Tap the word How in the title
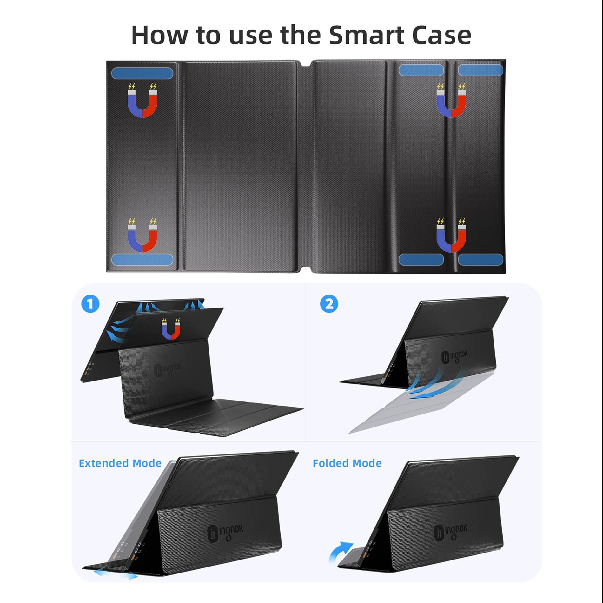tap(160, 35)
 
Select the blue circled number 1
tap(90, 304)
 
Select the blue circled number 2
tap(329, 304)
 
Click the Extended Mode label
tap(120, 463)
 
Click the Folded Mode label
tap(347, 463)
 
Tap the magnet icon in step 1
tap(171, 329)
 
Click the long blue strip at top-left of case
tap(142, 73)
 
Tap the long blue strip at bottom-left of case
tap(142, 259)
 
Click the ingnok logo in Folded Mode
tap(451, 532)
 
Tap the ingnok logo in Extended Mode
tap(225, 533)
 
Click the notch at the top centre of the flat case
tap(305, 64)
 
